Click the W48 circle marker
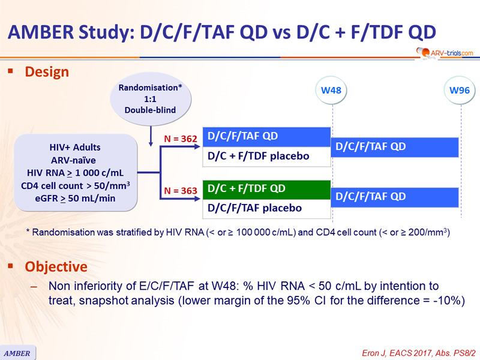point(331,91)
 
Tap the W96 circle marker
point(459,91)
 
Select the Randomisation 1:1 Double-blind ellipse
point(151,99)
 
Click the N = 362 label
point(181,139)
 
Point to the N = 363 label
point(181,191)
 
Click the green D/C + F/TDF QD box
point(266,189)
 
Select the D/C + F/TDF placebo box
point(266,157)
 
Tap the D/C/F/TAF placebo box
point(266,209)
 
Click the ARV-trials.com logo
point(445,53)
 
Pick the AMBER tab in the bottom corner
point(17,353)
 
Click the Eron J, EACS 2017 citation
point(418,353)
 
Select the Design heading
point(47,72)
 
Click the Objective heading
point(56,266)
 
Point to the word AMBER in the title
point(41,32)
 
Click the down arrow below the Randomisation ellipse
point(151,136)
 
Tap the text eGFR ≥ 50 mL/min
point(75,199)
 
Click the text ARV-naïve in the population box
point(73,160)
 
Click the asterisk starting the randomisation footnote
point(28,231)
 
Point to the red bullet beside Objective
point(10,266)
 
